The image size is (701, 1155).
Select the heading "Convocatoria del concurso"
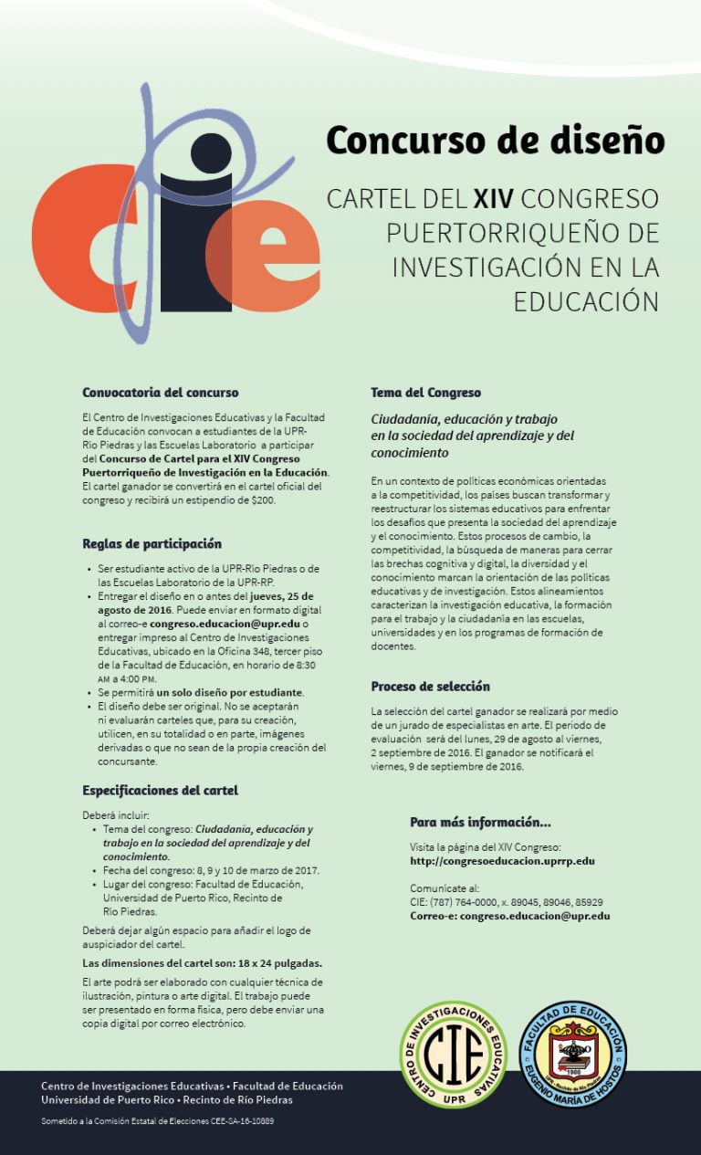click(x=147, y=393)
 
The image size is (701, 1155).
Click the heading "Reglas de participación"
click(x=152, y=543)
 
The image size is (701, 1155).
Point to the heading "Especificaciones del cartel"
click(x=160, y=790)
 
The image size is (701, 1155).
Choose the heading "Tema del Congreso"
click(x=425, y=393)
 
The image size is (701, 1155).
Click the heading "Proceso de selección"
click(x=430, y=687)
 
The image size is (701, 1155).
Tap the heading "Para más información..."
click(x=480, y=822)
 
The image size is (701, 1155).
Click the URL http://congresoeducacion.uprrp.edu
click(x=502, y=861)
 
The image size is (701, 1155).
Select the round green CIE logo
click(x=454, y=1055)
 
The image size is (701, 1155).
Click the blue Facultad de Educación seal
click(x=572, y=1055)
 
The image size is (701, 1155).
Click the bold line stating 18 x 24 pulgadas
click(x=202, y=963)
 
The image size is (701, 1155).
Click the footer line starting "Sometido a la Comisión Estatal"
click(x=157, y=1120)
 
